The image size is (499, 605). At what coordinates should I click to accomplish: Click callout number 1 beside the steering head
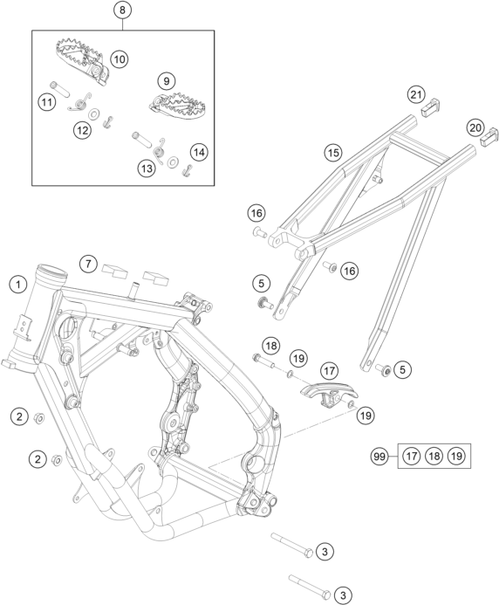click(17, 285)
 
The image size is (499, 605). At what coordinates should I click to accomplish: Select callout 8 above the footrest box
click(122, 10)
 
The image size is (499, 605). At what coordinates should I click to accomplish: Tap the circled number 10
click(120, 59)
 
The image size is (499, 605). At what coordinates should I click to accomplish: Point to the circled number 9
click(167, 81)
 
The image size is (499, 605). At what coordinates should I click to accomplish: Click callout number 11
click(46, 102)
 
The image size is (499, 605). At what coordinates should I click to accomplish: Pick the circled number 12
click(83, 130)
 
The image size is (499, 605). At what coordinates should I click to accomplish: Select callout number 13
click(147, 168)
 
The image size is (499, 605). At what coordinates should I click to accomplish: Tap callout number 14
click(199, 152)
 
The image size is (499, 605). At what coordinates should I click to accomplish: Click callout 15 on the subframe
click(332, 153)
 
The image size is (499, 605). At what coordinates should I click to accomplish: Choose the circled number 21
click(416, 94)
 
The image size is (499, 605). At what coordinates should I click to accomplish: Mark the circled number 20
click(475, 127)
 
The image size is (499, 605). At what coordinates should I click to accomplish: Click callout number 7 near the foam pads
click(89, 264)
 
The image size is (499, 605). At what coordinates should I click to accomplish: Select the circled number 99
click(379, 457)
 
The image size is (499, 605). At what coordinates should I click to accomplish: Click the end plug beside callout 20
click(489, 138)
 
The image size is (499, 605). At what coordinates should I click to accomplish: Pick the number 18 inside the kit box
click(434, 457)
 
